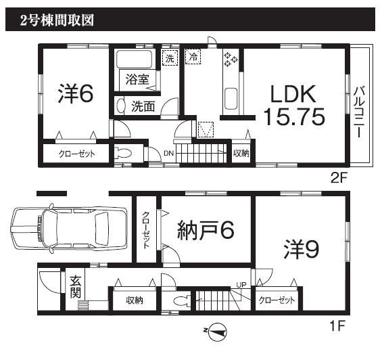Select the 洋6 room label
pos(74,95)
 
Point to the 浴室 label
pos(137,79)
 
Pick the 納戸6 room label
pos(206,231)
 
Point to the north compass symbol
pos(216,331)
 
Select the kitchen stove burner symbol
pos(230,59)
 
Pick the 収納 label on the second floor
pos(241,154)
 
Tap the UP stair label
pos(241,285)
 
